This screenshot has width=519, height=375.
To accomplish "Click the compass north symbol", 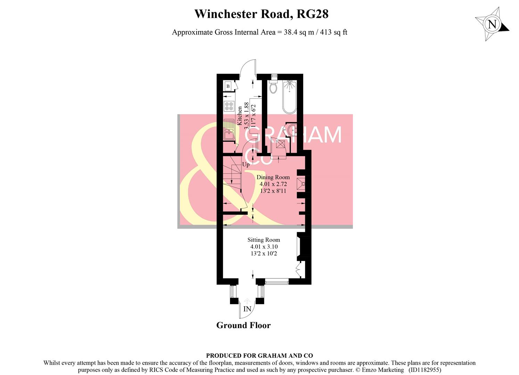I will coord(492,25).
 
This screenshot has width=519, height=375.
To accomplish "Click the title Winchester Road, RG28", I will coord(261,14).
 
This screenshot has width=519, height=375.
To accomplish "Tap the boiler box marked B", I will coord(228,86).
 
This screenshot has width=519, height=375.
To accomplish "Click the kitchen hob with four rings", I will coord(229,106).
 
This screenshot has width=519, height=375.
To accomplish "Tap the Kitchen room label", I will coord(239,116).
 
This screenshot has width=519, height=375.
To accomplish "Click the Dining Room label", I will coord(273,177).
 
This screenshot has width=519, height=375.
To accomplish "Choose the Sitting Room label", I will coord(263,240).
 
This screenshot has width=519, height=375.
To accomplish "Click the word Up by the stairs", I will coord(246,165).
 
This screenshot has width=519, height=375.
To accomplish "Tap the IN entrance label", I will coord(247,309).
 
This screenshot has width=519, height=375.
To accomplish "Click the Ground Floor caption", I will coord(243,325).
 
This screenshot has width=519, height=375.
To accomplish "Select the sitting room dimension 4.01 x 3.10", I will coord(264,247).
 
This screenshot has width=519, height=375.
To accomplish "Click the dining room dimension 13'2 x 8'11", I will coord(273,191).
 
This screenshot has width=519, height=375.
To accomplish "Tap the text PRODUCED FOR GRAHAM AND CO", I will coord(259,356).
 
